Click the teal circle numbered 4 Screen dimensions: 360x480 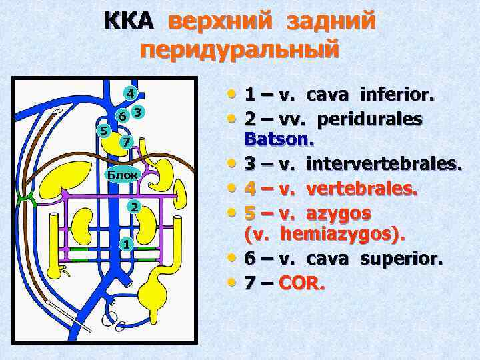pyautogui.click(x=131, y=93)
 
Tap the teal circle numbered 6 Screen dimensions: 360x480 pyautogui.click(x=121, y=115)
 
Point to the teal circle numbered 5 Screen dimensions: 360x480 pyautogui.click(x=102, y=129)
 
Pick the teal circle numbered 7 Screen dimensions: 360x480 pyautogui.click(x=125, y=142)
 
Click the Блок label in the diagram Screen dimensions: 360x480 pyautogui.click(x=123, y=175)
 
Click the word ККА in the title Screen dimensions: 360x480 pyautogui.click(x=129, y=21)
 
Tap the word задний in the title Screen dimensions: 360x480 pyautogui.click(x=331, y=21)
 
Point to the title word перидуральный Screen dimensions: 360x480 pyautogui.click(x=241, y=50)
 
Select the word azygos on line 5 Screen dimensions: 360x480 pyautogui.click(x=341, y=214)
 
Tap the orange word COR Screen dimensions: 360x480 pyautogui.click(x=301, y=284)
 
